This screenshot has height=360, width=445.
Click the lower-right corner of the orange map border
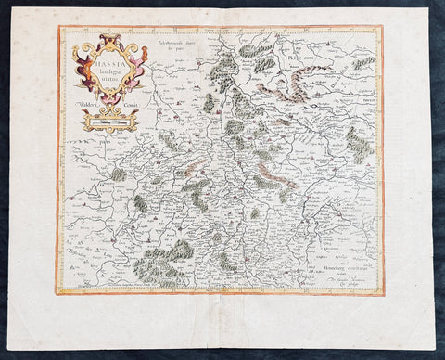382,293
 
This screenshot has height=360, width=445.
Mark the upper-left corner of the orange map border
60,28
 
